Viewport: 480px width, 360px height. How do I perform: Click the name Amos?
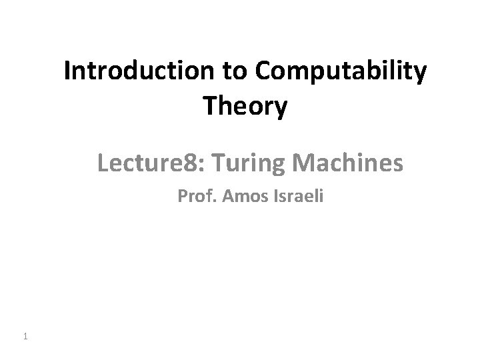(235, 197)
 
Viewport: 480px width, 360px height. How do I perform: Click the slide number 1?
(25, 337)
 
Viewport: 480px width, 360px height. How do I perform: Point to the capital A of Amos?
(220, 197)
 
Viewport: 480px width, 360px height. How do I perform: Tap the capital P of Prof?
(182, 197)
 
